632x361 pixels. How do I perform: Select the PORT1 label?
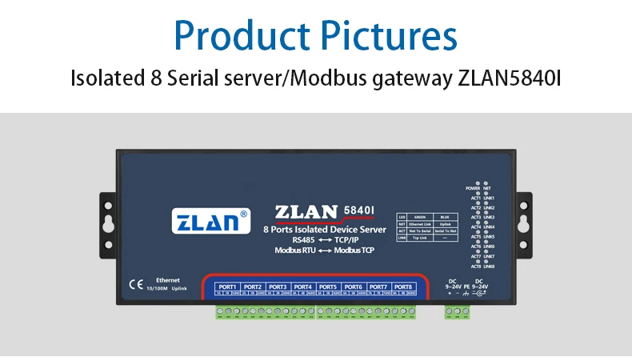point(227,287)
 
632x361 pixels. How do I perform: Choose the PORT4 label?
point(302,287)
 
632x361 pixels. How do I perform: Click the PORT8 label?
point(402,287)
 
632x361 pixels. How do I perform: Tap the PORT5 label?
point(327,287)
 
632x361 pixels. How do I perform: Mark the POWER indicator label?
point(472,188)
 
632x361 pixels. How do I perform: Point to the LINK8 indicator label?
point(489,266)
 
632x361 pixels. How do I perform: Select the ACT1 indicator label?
point(475,198)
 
